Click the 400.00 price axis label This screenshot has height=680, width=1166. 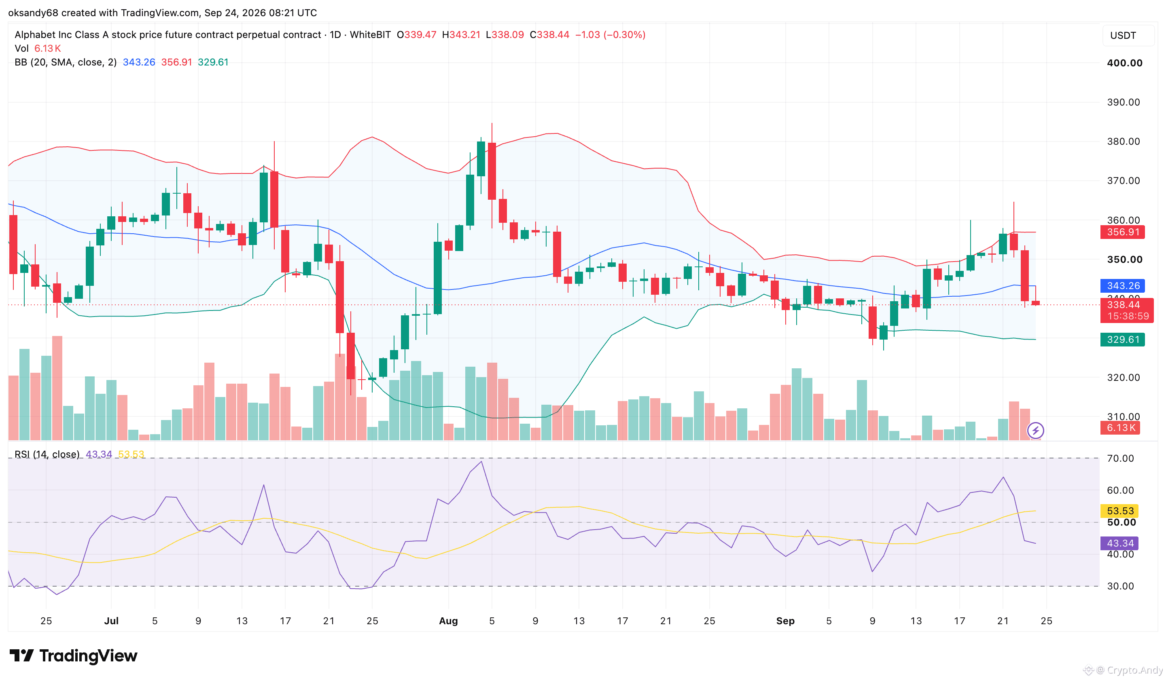(x=1124, y=63)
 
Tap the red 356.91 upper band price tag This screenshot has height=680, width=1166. (x=1122, y=232)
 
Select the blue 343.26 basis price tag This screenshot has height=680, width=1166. (x=1122, y=286)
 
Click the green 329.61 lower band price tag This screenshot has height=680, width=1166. (x=1122, y=340)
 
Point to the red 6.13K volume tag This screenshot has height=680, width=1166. (x=1120, y=428)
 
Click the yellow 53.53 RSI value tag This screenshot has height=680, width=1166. (x=1120, y=511)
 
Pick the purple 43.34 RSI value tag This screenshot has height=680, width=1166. (x=1120, y=543)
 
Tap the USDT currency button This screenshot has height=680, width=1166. (x=1123, y=36)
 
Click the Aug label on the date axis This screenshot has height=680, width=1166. (x=448, y=621)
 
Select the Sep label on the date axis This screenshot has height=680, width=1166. (x=785, y=621)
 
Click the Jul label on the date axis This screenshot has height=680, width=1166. (x=111, y=621)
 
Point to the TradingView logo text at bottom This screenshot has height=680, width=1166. (x=88, y=655)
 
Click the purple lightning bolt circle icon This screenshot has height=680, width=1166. (x=1035, y=431)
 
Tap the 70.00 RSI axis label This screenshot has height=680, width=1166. (x=1120, y=458)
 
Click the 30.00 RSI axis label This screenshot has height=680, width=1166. (x=1120, y=586)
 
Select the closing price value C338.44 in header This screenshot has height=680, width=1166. (x=549, y=35)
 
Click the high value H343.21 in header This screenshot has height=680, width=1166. (x=461, y=35)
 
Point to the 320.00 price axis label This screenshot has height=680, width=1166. (x=1124, y=377)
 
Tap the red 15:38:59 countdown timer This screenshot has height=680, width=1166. (x=1128, y=316)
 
